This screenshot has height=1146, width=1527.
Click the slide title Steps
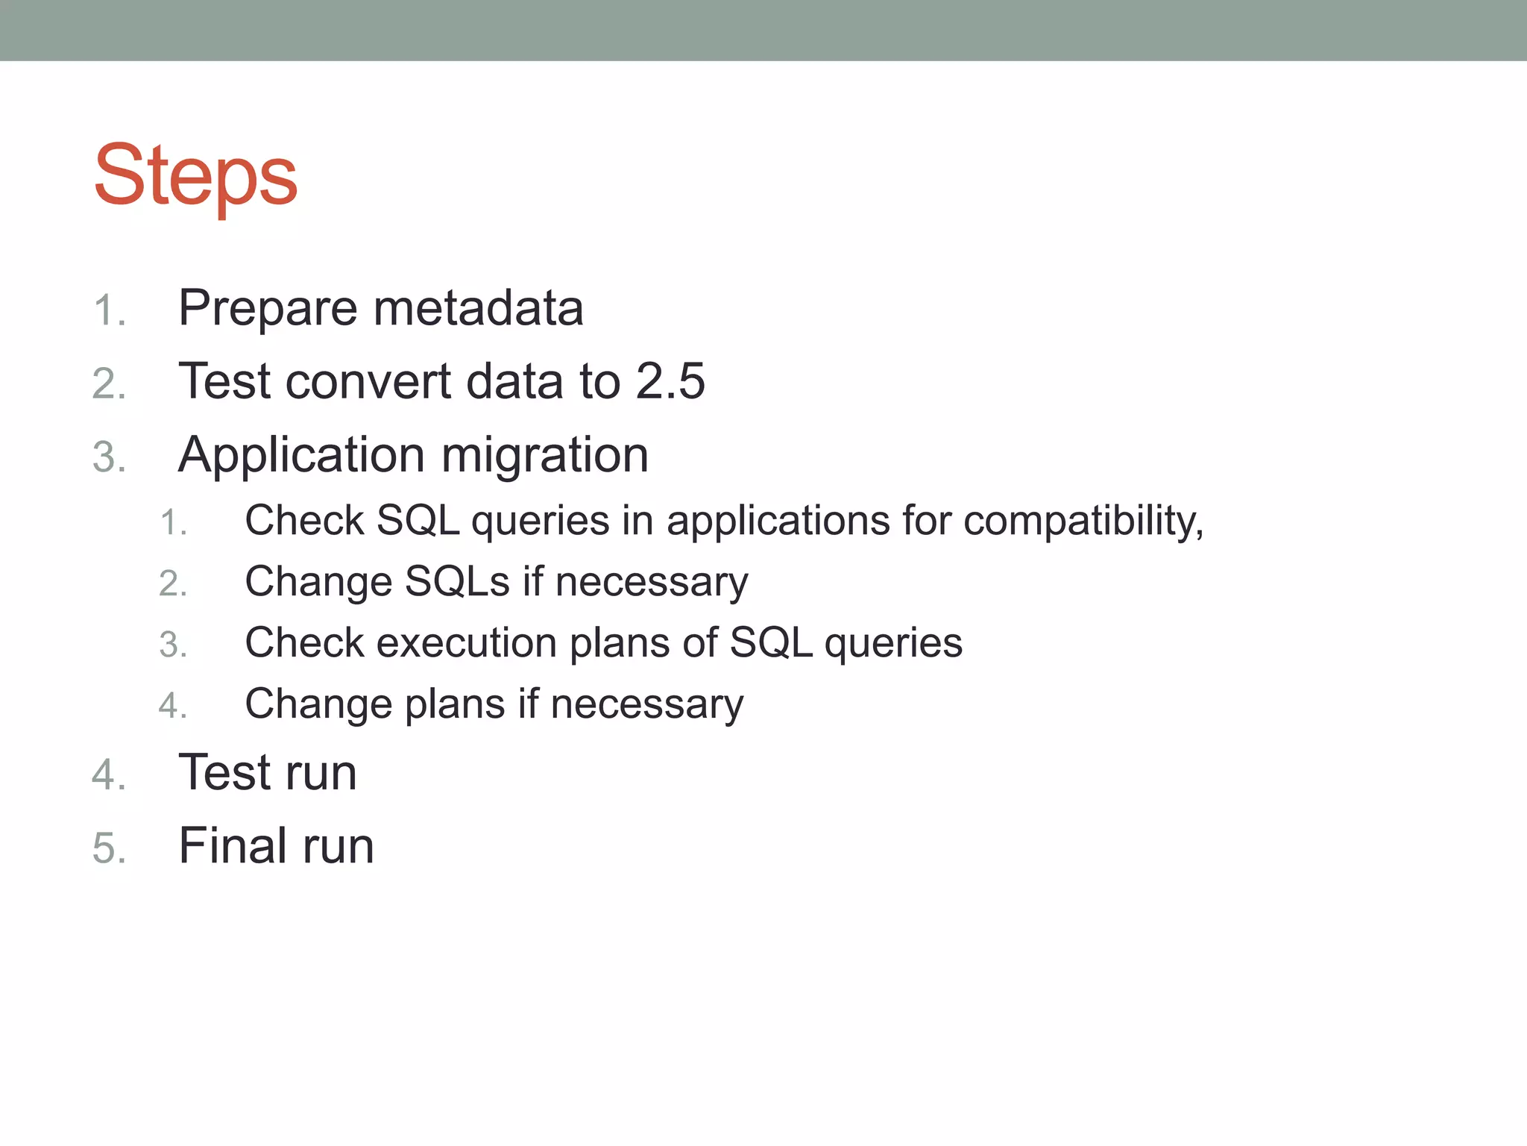pos(195,176)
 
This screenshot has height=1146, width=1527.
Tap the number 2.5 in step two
pos(670,381)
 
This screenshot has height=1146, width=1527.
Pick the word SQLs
pos(457,582)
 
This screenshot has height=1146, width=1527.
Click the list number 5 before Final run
pos(109,849)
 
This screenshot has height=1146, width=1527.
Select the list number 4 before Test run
pos(109,775)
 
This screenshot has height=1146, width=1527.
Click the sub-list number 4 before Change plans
pos(172,706)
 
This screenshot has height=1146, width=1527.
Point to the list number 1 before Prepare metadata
pos(109,310)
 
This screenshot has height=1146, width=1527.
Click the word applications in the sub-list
pos(778,521)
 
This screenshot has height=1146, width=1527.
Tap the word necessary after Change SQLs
pos(651,582)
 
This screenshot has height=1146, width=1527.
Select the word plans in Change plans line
pos(454,704)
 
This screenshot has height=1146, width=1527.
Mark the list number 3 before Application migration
pos(109,457)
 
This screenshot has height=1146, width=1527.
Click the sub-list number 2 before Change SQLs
pos(172,583)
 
